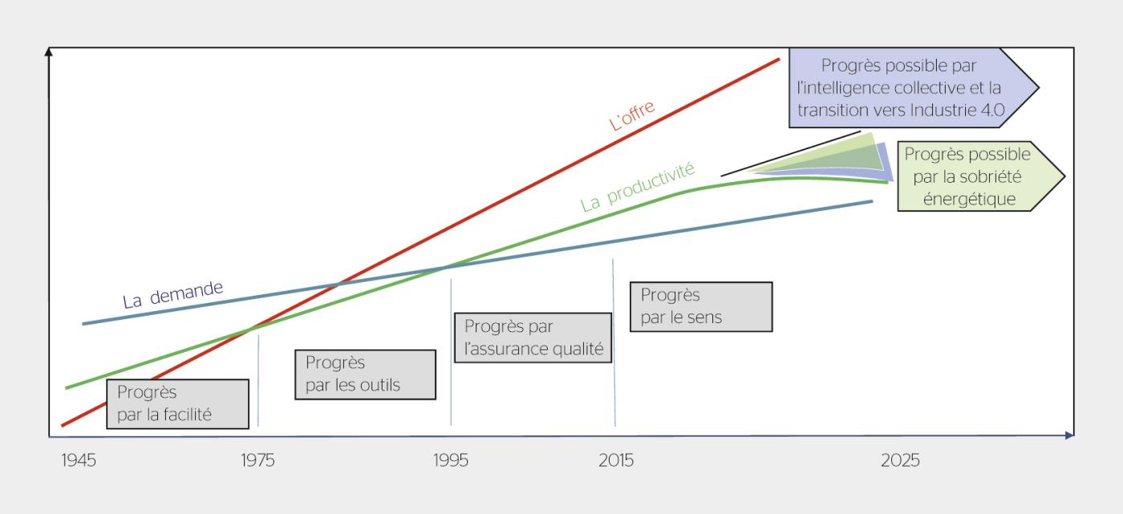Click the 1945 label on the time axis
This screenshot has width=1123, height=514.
pyautogui.click(x=79, y=461)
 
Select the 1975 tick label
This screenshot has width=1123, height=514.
pyautogui.click(x=257, y=461)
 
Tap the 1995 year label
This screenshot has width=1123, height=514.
pyautogui.click(x=450, y=461)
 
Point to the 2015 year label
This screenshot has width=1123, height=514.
pyautogui.click(x=615, y=461)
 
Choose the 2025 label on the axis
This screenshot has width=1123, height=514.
pyautogui.click(x=900, y=461)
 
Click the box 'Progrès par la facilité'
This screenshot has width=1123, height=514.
pyautogui.click(x=177, y=403)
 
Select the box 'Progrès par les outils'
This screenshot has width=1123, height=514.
pyautogui.click(x=365, y=374)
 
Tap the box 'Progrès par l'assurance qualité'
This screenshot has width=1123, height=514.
pyautogui.click(x=533, y=338)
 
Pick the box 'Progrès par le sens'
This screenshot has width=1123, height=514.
pyautogui.click(x=700, y=306)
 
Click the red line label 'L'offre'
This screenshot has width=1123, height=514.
pyautogui.click(x=632, y=115)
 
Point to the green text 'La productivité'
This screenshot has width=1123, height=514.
pyautogui.click(x=638, y=187)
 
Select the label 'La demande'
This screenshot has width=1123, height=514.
pyautogui.click(x=172, y=295)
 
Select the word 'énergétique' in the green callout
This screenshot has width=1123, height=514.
pyautogui.click(x=968, y=199)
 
